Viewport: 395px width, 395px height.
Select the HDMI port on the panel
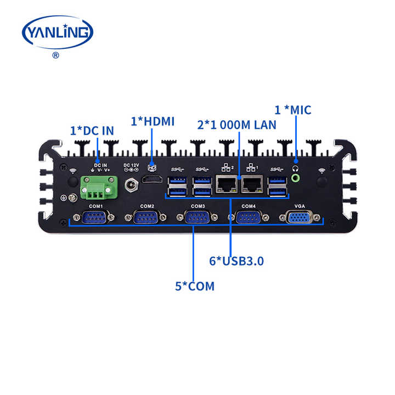point(152,180)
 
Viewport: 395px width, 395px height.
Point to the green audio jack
point(296,178)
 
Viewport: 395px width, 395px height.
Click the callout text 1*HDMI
point(152,121)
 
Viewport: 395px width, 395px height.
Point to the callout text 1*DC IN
point(92,131)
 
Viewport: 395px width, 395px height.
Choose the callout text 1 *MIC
point(293,110)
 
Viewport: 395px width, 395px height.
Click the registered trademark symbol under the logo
point(55,55)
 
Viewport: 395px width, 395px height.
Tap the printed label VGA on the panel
point(300,206)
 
